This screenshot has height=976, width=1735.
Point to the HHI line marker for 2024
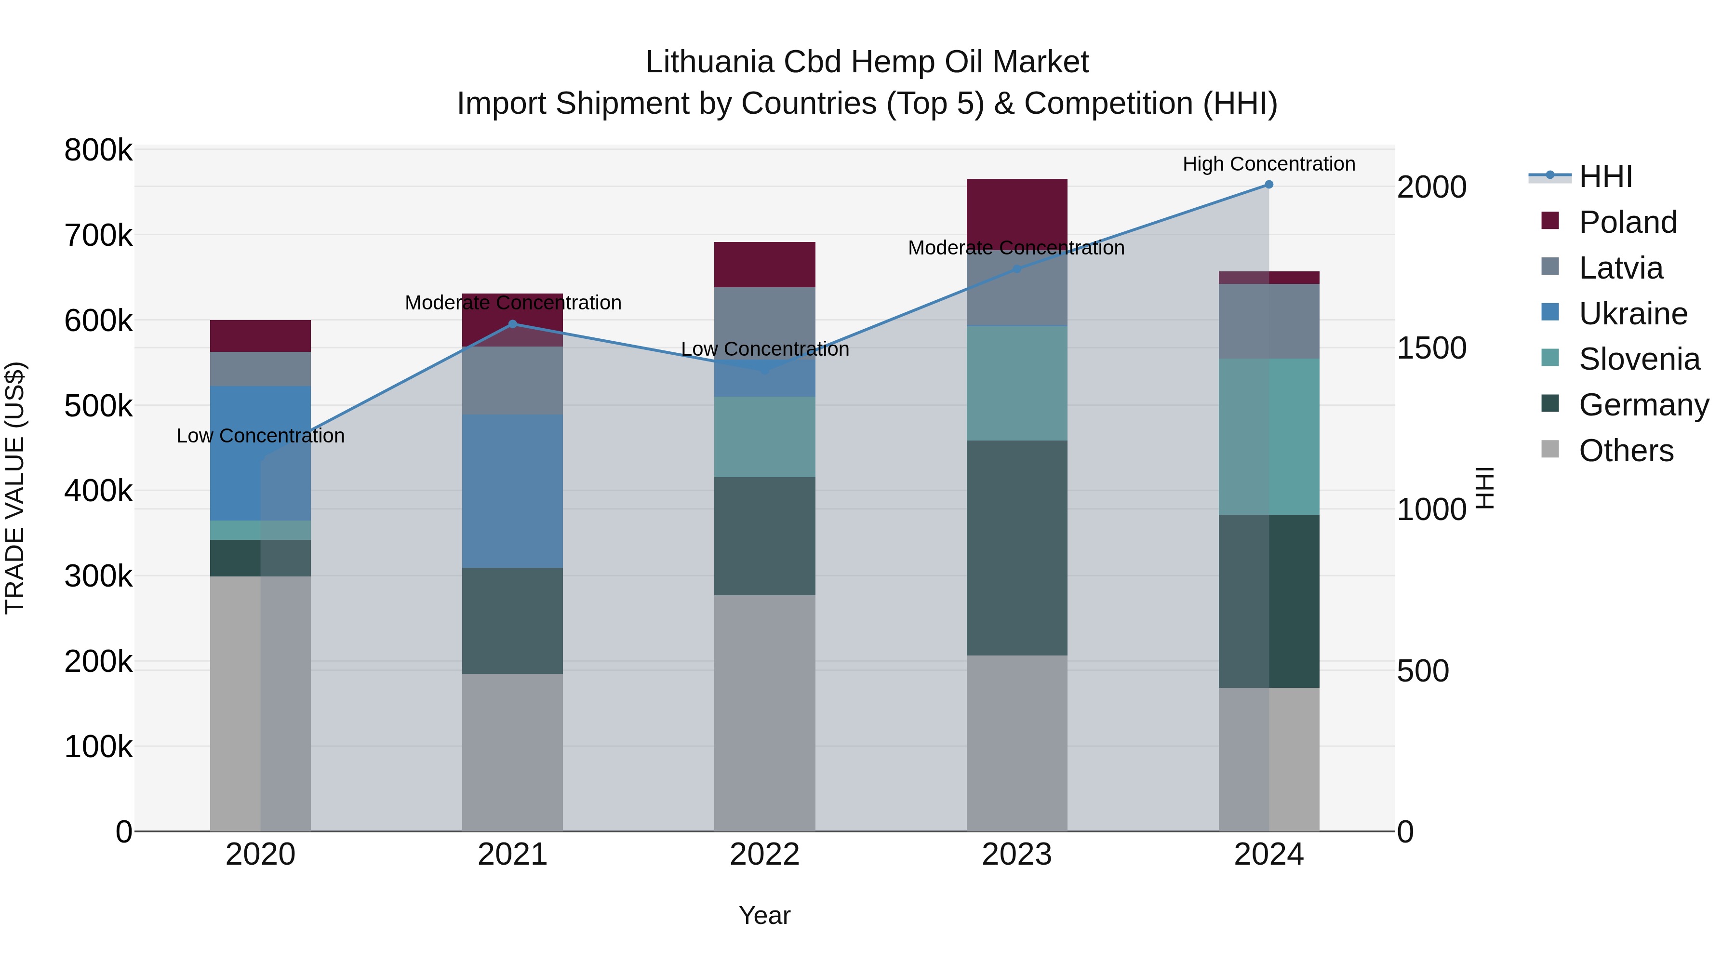coord(1269,185)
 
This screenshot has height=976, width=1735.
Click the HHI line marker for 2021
coord(513,324)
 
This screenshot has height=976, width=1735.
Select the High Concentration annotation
coord(1269,164)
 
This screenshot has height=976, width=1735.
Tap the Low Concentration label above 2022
coord(764,349)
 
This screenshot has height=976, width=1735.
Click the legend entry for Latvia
coord(1620,268)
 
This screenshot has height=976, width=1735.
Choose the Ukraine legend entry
coord(1633,314)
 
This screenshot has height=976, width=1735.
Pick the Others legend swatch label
coord(1626,451)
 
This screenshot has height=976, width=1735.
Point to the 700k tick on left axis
coord(98,236)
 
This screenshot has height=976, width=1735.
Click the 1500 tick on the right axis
coord(1431,348)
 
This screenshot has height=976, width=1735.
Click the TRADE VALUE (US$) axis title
coord(15,488)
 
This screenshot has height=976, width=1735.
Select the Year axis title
coord(764,915)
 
